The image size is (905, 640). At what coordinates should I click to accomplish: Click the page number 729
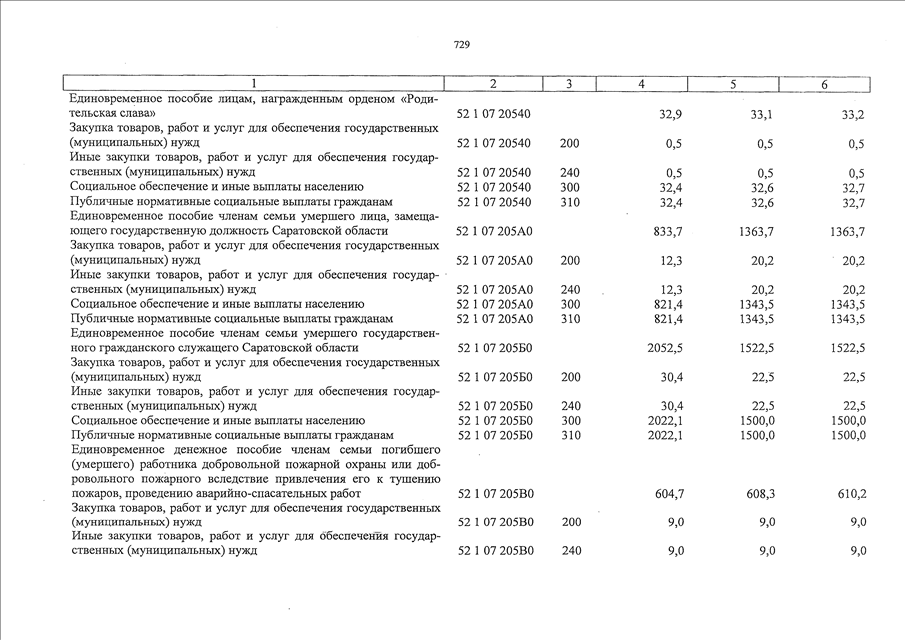click(462, 45)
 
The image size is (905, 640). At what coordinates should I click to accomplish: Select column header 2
click(493, 84)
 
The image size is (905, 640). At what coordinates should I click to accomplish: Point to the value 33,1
click(762, 115)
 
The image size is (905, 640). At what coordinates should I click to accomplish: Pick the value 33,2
click(853, 115)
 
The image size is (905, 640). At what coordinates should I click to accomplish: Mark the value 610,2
click(849, 493)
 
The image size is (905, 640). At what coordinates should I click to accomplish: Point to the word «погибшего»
click(406, 449)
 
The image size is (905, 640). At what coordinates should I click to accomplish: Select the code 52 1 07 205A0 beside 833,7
click(494, 232)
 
